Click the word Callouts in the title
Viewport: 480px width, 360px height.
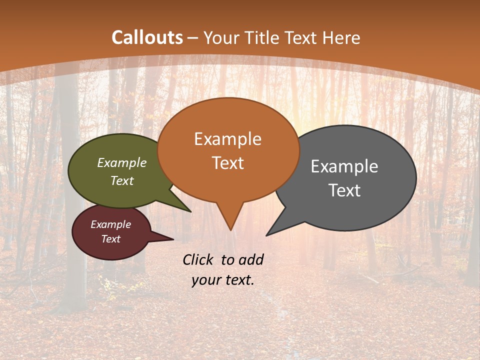(x=147, y=37)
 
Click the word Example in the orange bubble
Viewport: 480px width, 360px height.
(x=227, y=139)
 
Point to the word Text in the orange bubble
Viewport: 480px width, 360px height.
(x=227, y=163)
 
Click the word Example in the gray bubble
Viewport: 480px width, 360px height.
(x=344, y=166)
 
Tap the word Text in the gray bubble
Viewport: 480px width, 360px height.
(x=344, y=190)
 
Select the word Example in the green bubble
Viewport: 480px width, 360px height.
(x=122, y=162)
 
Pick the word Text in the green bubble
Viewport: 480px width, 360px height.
(x=122, y=180)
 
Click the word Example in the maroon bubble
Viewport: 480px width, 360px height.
(x=110, y=224)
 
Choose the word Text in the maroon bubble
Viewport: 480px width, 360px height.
(x=110, y=239)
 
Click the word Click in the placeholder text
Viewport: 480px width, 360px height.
(x=199, y=259)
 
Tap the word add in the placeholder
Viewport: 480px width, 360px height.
(x=250, y=259)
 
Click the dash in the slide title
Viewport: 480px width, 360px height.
(x=193, y=37)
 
